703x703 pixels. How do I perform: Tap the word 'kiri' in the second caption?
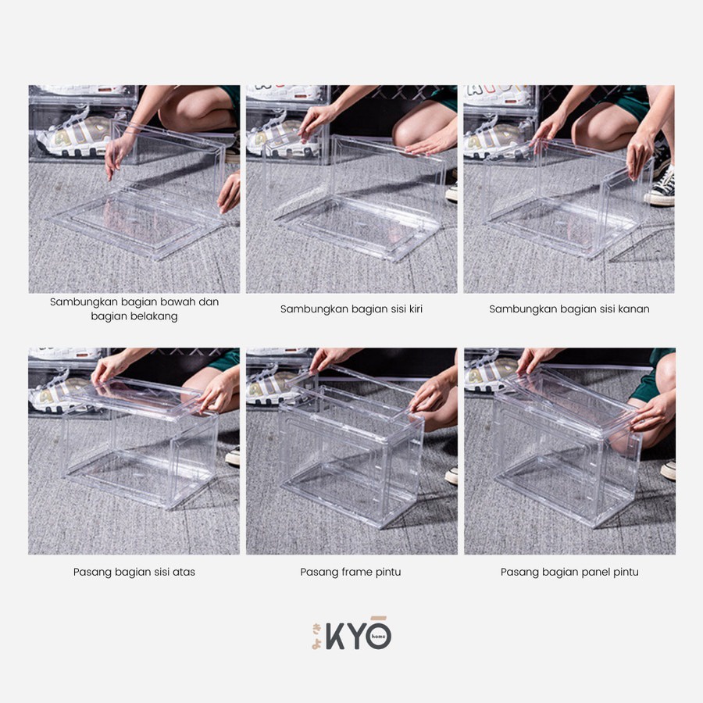coord(415,309)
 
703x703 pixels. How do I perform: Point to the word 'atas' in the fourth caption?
coord(184,572)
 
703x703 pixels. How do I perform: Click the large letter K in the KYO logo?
coord(335,636)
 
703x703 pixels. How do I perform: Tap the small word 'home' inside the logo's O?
coord(378,636)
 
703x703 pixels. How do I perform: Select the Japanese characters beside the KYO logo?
coord(317,636)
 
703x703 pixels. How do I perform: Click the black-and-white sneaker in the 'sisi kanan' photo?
coord(661,188)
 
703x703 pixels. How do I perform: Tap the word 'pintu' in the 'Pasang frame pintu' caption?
coord(389,572)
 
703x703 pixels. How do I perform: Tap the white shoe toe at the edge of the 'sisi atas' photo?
coord(232,456)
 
